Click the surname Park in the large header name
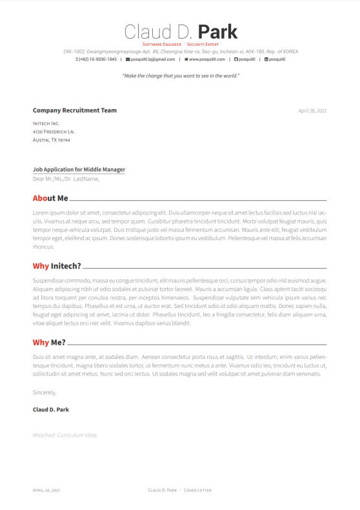[x=217, y=32]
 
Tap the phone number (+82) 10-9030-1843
[x=98, y=59]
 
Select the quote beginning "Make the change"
[x=180, y=76]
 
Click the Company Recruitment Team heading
[x=75, y=110]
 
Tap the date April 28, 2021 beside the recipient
[x=312, y=110]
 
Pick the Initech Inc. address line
[x=46, y=123]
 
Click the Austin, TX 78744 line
[x=52, y=139]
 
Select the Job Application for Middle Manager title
[x=79, y=170]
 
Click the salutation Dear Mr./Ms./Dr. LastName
[x=66, y=179]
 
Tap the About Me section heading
[x=50, y=199]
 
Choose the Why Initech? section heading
[x=57, y=266]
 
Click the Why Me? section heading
[x=49, y=342]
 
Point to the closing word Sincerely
[x=45, y=392]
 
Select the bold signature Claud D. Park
[x=50, y=409]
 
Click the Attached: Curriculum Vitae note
[x=65, y=435]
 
